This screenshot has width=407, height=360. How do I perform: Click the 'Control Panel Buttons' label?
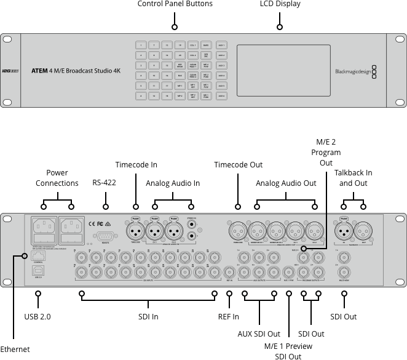[175, 4]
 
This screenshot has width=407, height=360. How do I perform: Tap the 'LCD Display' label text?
[280, 4]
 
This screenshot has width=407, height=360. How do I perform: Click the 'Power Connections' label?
[57, 178]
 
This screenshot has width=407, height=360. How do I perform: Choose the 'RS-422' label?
[105, 183]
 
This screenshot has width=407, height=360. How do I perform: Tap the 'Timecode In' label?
[136, 165]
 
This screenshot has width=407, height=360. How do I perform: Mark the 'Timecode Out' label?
[238, 165]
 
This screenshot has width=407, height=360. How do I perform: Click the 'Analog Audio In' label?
[173, 183]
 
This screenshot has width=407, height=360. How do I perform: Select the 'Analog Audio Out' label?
[286, 183]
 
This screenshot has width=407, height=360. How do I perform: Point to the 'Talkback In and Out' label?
[354, 178]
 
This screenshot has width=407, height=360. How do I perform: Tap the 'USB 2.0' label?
[38, 316]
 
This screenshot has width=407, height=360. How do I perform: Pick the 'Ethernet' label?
[15, 350]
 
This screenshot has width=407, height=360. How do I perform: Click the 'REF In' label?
[229, 316]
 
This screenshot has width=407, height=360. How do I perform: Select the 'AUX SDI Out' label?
[259, 334]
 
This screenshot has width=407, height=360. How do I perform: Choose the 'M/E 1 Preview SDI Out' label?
[288, 351]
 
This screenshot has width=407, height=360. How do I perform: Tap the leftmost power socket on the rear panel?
[42, 225]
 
